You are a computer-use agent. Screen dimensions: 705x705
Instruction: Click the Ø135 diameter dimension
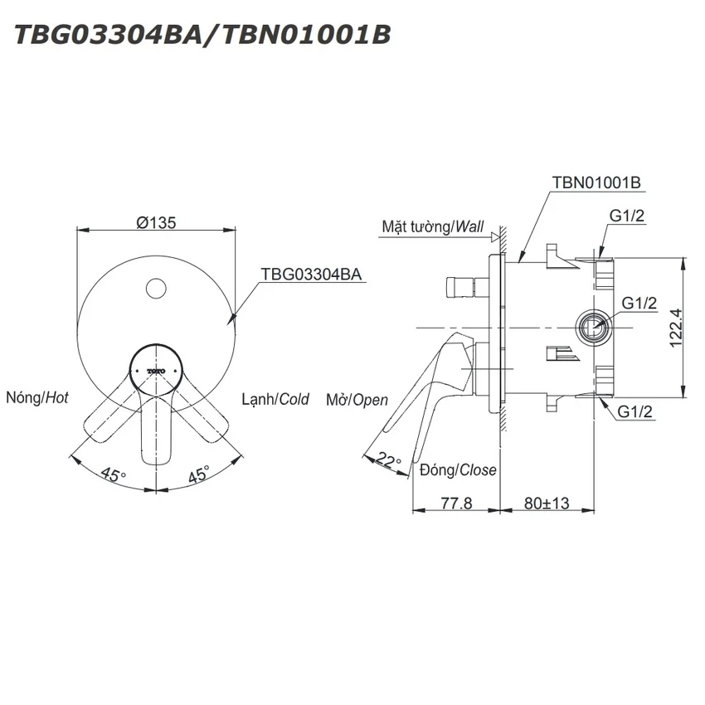pyautogui.click(x=156, y=222)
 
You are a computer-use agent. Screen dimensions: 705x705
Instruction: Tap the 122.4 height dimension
pyautogui.click(x=676, y=328)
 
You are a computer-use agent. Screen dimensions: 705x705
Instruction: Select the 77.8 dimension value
pyautogui.click(x=456, y=503)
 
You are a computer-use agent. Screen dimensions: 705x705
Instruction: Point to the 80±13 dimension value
pyautogui.click(x=547, y=503)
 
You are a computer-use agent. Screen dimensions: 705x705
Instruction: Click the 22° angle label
pyautogui.click(x=388, y=460)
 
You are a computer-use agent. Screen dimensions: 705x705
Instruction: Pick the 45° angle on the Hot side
pyautogui.click(x=114, y=474)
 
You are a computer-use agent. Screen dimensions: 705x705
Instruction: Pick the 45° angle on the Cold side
pyautogui.click(x=198, y=474)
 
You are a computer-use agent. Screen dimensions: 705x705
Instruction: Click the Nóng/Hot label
pyautogui.click(x=36, y=397)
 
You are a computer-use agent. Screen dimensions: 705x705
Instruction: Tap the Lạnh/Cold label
pyautogui.click(x=275, y=399)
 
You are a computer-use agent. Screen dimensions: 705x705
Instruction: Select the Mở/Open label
pyautogui.click(x=357, y=400)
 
